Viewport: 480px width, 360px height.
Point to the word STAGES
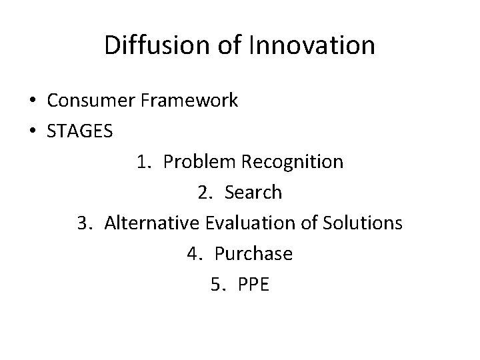[x=80, y=131]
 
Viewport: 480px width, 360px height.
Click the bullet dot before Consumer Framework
[x=33, y=101]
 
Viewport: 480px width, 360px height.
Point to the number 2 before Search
[x=203, y=193]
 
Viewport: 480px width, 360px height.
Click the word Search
[x=254, y=193]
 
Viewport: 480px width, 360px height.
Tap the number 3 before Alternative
[x=83, y=223]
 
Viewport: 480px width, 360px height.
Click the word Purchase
[x=254, y=254]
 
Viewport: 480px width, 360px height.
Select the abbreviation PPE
[x=253, y=285]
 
